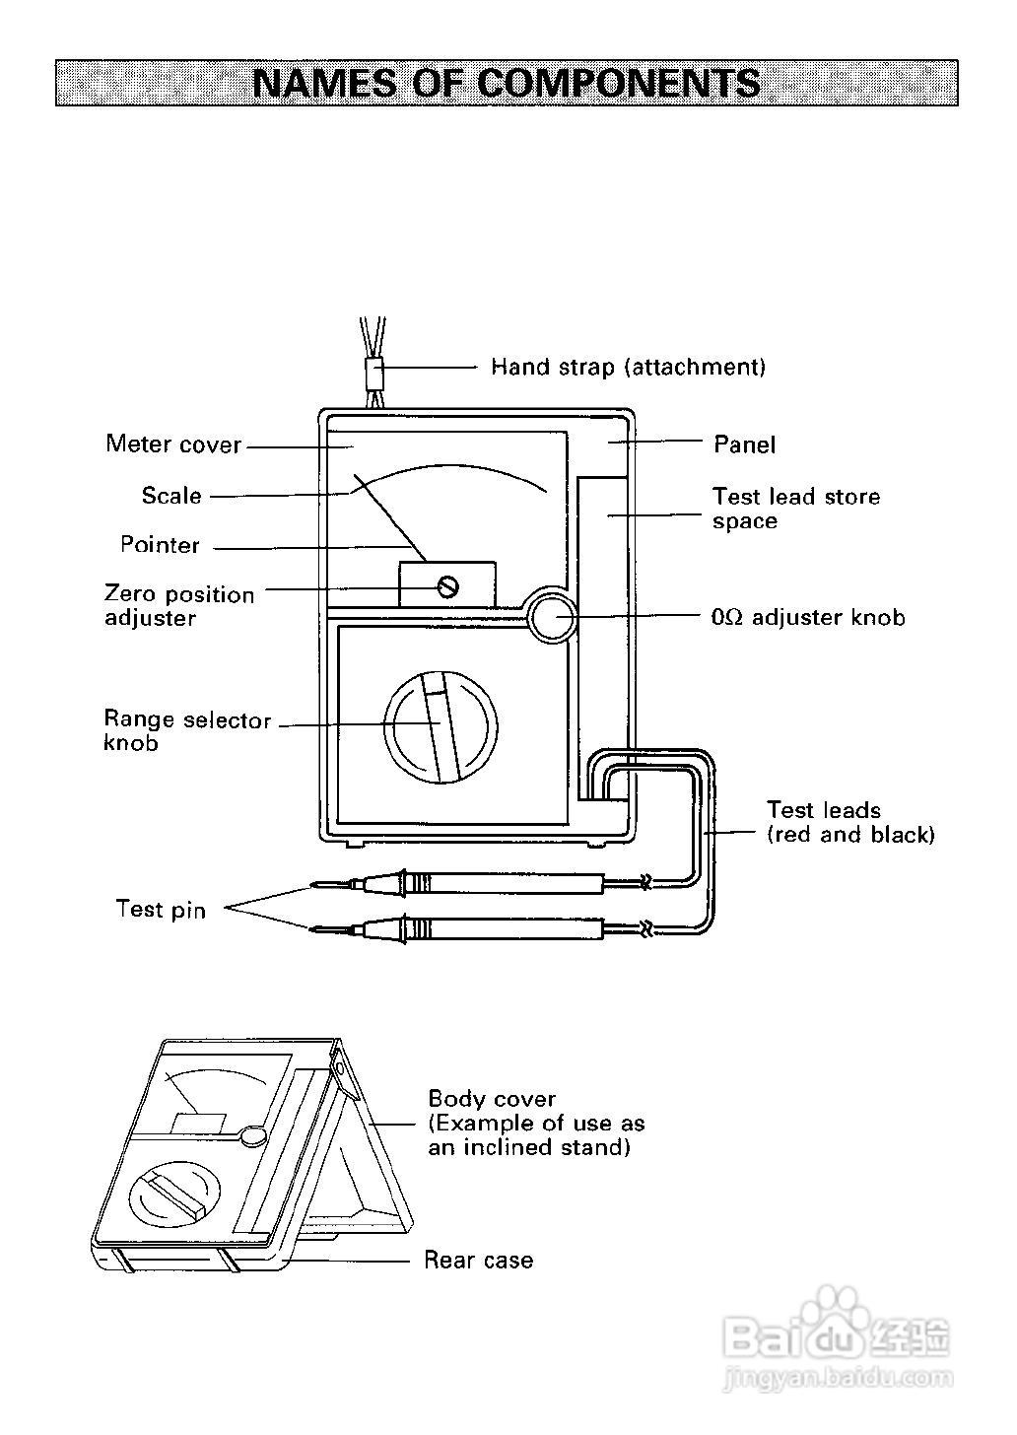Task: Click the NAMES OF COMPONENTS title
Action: pyautogui.click(x=507, y=83)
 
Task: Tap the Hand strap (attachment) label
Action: pyautogui.click(x=629, y=367)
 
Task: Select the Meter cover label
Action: pyautogui.click(x=173, y=444)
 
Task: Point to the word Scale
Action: pyautogui.click(x=171, y=495)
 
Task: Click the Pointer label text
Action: pyautogui.click(x=160, y=544)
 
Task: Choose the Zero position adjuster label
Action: pyautogui.click(x=179, y=605)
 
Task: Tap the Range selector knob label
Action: pyautogui.click(x=187, y=730)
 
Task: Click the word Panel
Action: pyautogui.click(x=745, y=444)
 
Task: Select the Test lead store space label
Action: pyautogui.click(x=796, y=508)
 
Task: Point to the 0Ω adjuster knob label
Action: pyautogui.click(x=808, y=617)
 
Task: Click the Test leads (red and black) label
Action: pyautogui.click(x=851, y=823)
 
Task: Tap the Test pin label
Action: pyautogui.click(x=161, y=910)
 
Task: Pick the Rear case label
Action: pyautogui.click(x=478, y=1261)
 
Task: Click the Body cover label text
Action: pyautogui.click(x=492, y=1099)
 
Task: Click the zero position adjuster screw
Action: pyautogui.click(x=447, y=586)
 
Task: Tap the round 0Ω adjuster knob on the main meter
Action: pyautogui.click(x=552, y=614)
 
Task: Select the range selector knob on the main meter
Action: pyautogui.click(x=441, y=727)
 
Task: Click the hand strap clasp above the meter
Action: pyautogui.click(x=374, y=375)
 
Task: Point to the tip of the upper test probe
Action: pyautogui.click(x=311, y=886)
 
